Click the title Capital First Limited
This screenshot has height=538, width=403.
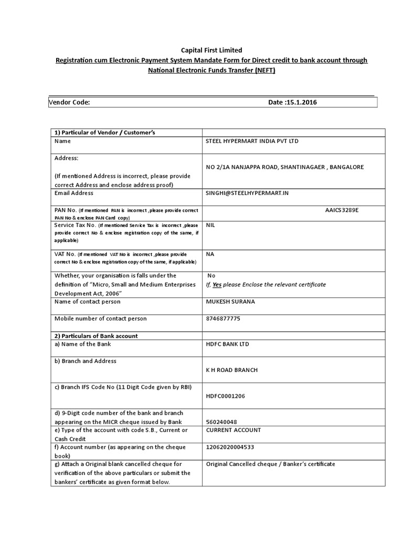(211, 50)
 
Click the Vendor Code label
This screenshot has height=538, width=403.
(69, 102)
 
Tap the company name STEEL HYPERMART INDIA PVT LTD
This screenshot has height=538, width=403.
(253, 141)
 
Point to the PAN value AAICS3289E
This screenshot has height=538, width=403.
(342, 210)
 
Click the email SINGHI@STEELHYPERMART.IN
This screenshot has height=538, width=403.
(247, 193)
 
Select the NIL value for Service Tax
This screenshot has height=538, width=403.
(210, 225)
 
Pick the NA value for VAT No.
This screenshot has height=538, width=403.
(210, 254)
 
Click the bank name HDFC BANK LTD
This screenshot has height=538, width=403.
(228, 344)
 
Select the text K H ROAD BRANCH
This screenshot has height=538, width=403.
(231, 370)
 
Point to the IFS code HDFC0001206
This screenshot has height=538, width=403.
(226, 396)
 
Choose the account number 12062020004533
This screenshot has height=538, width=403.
(231, 447)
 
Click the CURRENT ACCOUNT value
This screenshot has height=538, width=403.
(234, 430)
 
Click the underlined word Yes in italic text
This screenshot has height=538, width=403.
(217, 284)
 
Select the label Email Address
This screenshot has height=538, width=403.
(74, 193)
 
